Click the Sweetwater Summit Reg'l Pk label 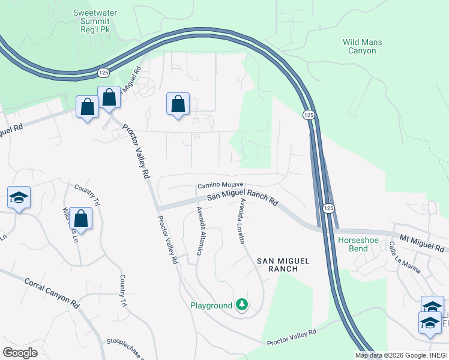95,21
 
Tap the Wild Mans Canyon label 362,46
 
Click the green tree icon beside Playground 242,305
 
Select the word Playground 211,305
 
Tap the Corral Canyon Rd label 52,293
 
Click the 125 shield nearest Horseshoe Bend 328,208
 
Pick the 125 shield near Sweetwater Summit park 103,72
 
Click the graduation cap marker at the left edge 19,197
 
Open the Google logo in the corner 20,353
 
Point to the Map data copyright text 401,355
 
